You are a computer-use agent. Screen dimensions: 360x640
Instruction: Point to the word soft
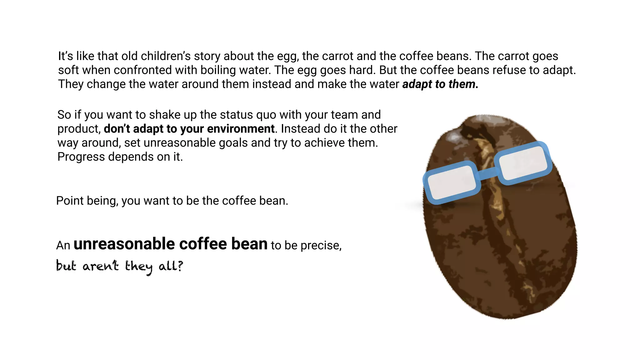pyautogui.click(x=68, y=70)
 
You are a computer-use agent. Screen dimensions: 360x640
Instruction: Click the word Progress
pyautogui.click(x=81, y=157)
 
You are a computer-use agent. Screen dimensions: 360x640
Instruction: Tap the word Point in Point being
pyautogui.click(x=70, y=201)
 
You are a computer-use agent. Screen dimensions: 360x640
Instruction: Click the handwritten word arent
pyautogui.click(x=101, y=266)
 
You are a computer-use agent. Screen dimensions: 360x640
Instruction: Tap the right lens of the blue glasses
pyautogui.click(x=522, y=162)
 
